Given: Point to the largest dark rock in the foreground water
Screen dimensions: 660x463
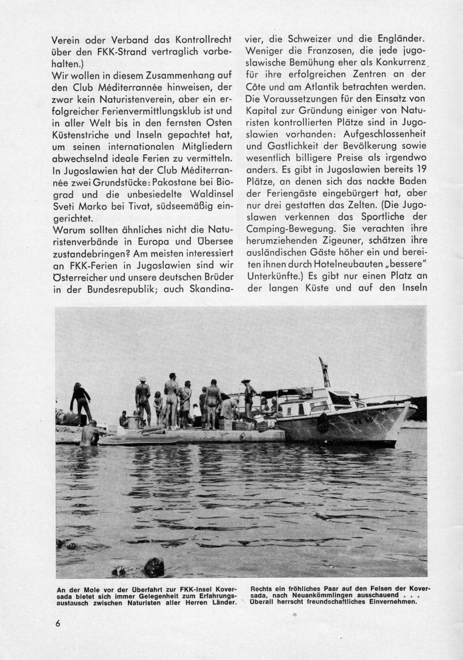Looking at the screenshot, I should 153,567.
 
